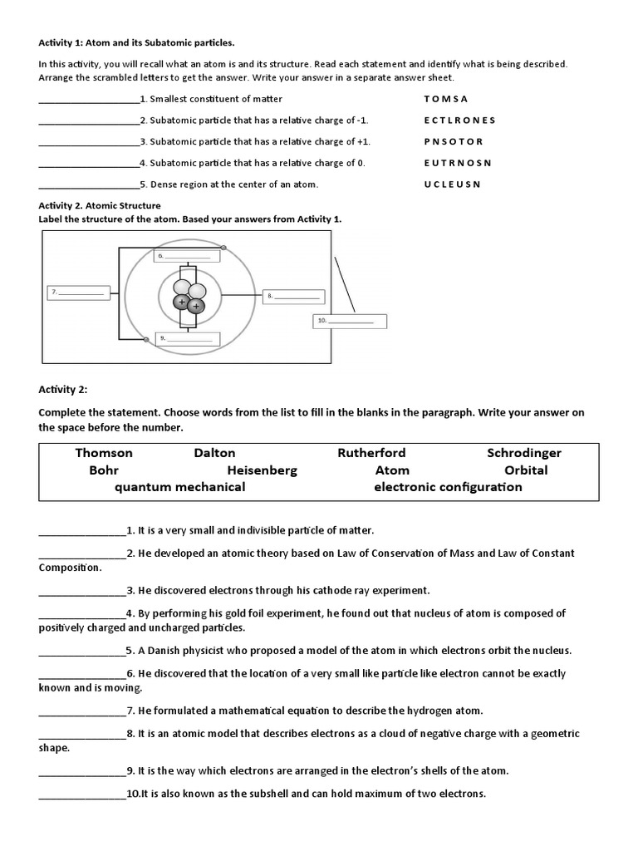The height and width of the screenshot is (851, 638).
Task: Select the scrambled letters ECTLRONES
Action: [459, 121]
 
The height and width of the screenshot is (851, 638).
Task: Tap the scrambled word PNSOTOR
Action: [453, 141]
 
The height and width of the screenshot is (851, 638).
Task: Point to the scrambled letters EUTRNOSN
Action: [458, 163]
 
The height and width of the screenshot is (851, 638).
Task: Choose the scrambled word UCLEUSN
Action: [452, 184]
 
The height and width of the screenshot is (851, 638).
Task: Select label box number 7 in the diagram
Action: [77, 293]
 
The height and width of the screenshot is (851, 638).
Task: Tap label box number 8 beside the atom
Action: [292, 295]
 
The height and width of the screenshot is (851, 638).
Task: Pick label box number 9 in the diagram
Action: [189, 338]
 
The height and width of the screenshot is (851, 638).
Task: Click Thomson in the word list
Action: [104, 453]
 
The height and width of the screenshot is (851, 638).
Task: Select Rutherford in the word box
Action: [371, 453]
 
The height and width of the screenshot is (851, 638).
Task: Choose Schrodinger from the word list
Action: [524, 453]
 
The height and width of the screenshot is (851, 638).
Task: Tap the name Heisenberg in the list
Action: [262, 470]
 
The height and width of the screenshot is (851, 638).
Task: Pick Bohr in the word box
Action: [104, 470]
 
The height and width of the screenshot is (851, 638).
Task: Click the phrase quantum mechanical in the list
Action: [179, 487]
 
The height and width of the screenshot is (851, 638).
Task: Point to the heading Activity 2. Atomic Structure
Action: [100, 205]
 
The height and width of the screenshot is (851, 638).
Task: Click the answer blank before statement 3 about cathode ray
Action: [81, 591]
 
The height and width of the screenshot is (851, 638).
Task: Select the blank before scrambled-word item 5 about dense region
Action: [89, 184]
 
